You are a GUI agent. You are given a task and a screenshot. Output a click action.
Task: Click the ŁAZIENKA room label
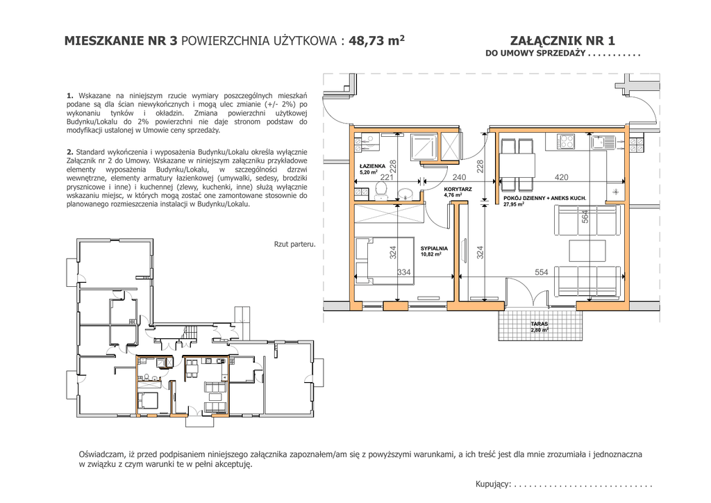[372, 167]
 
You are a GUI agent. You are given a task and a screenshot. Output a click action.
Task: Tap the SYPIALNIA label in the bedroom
[434, 249]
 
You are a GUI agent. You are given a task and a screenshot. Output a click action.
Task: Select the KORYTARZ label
[458, 189]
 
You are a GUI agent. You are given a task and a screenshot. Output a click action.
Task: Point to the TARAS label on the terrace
[539, 324]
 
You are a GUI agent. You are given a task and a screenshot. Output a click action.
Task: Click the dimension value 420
[561, 177]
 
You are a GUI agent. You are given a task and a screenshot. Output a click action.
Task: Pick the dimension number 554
[542, 272]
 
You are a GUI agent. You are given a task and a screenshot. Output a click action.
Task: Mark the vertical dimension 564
[585, 216]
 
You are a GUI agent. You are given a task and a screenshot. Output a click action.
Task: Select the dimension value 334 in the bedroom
[403, 272]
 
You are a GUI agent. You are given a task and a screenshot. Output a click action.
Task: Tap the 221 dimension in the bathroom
[386, 177]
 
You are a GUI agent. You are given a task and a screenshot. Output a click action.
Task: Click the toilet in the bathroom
[381, 193]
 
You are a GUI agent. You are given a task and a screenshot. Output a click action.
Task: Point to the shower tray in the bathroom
[424, 147]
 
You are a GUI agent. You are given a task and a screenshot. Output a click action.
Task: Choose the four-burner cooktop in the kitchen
[567, 142]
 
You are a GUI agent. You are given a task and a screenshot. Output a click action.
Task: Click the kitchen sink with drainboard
[603, 142]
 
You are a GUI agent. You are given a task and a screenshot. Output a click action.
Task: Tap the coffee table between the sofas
[587, 250]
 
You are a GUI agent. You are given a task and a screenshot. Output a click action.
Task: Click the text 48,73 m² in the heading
[376, 40]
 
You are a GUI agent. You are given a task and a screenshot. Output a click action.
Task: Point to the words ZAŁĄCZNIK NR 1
[562, 41]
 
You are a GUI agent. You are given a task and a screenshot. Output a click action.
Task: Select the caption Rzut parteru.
[294, 244]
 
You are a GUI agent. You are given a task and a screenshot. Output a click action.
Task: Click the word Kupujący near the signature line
[492, 484]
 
